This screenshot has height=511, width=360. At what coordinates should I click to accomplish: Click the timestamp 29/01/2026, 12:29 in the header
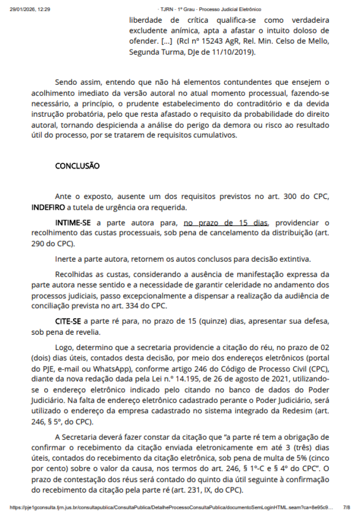pos(30,9)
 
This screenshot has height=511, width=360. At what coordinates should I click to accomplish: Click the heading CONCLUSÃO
pos(77,166)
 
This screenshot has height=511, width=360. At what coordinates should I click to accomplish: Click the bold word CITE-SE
pos(68,321)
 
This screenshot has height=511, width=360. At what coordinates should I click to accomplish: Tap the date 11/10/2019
pos(231,52)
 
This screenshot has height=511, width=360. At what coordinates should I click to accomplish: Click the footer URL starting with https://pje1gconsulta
pos(170,506)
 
